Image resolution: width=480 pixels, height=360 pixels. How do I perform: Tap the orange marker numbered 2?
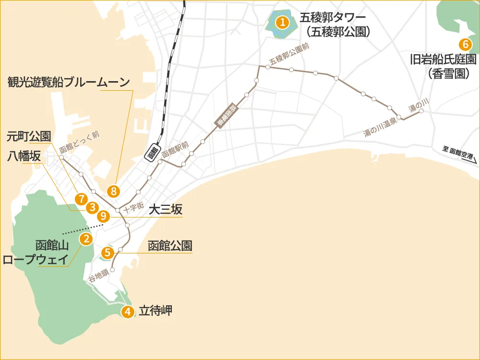[x=86, y=239]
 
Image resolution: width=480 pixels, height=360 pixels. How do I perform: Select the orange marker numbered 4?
[x=127, y=312]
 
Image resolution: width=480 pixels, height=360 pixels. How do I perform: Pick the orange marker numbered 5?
[x=108, y=252]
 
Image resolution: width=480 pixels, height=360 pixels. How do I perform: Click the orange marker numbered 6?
[x=465, y=45]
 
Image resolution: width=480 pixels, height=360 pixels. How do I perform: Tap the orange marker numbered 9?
[x=103, y=216]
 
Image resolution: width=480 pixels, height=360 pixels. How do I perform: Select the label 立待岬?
[x=155, y=311]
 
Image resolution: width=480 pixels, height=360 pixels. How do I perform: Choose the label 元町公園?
[x=28, y=136]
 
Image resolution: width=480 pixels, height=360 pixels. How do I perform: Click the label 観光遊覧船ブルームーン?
[x=69, y=82]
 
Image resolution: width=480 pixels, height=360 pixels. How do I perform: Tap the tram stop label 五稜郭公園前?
[x=289, y=54]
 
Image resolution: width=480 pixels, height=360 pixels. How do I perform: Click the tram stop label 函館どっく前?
[x=79, y=143]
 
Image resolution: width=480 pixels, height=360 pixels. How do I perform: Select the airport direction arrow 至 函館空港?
[x=460, y=155]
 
